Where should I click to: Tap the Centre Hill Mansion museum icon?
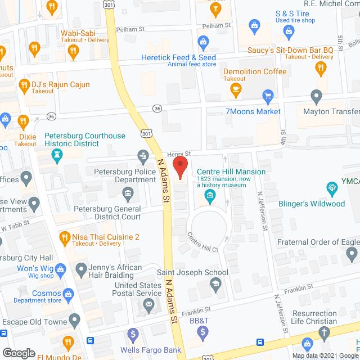tap(210, 196)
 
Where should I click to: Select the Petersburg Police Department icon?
tap(143, 155)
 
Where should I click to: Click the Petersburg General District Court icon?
tap(128, 195)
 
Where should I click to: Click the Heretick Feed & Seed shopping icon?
tap(203, 41)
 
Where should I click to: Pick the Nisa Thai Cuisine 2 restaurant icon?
tap(65, 237)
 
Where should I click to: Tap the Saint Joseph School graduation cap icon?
tap(215, 285)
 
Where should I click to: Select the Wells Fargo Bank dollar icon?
tap(133, 335)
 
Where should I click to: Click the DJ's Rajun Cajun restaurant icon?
tap(24, 85)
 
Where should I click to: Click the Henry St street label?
tap(180, 154)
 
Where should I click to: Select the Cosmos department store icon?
tap(69, 294)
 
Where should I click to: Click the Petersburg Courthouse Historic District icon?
tap(57, 159)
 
